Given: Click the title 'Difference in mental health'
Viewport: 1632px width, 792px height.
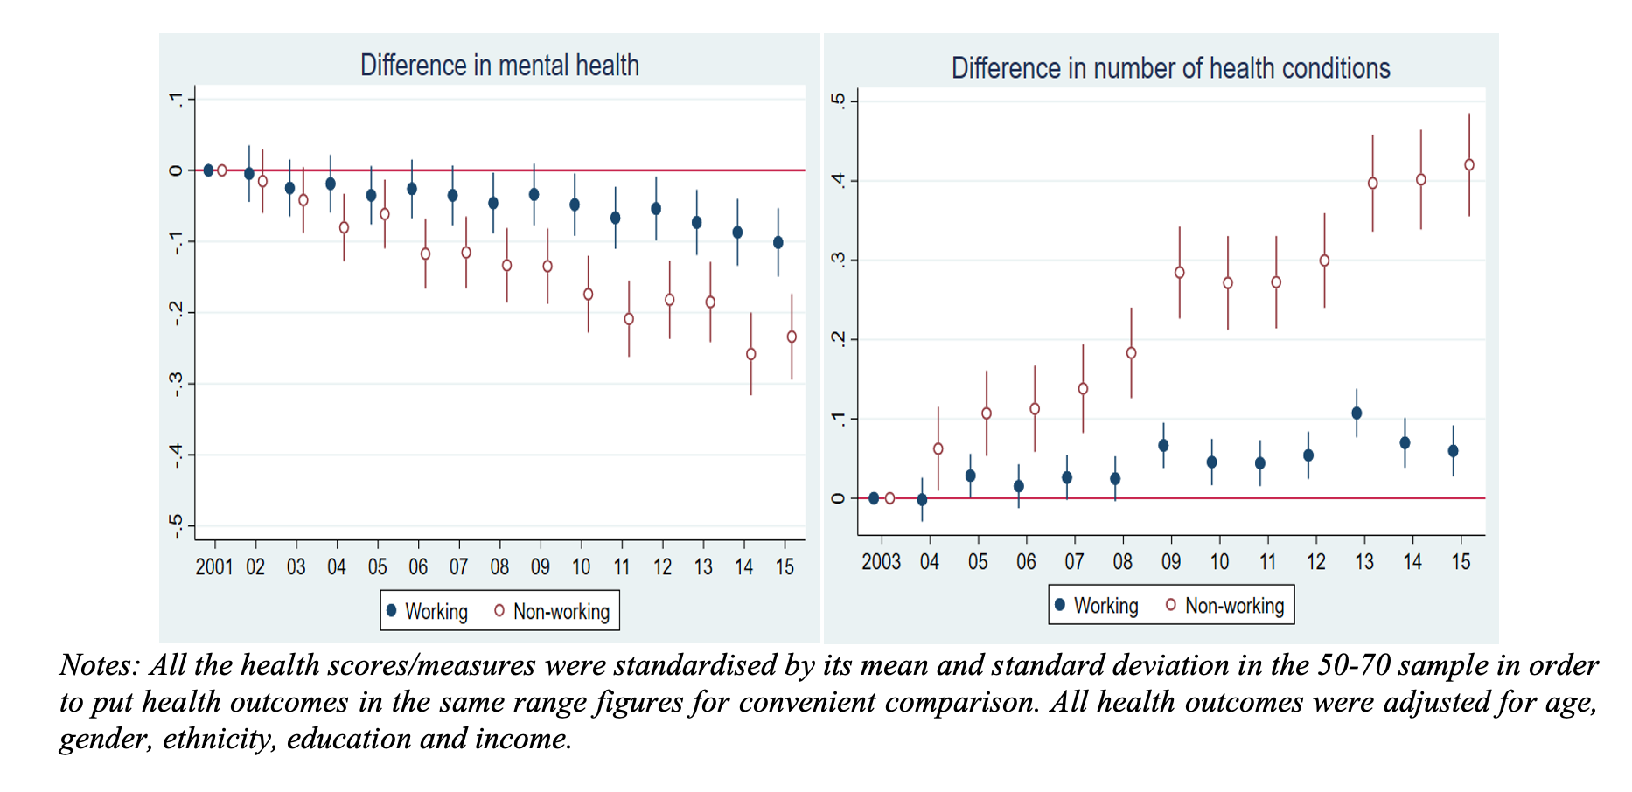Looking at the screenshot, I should tap(499, 66).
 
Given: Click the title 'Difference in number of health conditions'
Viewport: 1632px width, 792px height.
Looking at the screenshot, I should tap(1170, 68).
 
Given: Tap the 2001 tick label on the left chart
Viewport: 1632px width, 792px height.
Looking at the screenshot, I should tap(214, 567).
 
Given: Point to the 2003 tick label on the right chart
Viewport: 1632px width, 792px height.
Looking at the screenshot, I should tap(881, 562).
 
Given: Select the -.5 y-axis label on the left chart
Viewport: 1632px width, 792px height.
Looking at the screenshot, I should tap(177, 525).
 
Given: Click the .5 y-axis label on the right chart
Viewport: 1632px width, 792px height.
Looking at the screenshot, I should tap(839, 101).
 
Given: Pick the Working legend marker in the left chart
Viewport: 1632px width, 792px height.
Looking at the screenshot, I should tap(392, 610).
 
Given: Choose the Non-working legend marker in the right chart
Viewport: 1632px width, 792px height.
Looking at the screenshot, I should tap(1171, 605).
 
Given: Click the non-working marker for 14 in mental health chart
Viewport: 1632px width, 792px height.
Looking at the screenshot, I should tap(751, 354).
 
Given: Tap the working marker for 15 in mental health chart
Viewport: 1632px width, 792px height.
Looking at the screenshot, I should tap(778, 242).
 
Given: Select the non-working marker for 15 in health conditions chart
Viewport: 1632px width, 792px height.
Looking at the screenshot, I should tap(1469, 165).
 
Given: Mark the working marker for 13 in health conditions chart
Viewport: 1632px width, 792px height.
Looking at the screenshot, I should tap(1357, 413).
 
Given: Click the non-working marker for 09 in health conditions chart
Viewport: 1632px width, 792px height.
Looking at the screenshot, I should tap(1180, 273).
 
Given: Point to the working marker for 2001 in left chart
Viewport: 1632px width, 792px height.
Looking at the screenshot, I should tap(208, 170).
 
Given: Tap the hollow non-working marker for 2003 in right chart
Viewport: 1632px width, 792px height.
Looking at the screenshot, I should tap(890, 498).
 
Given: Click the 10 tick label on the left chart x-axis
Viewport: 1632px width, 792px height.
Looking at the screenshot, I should tap(582, 567).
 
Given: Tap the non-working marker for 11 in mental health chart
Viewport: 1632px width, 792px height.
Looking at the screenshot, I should tap(629, 319).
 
